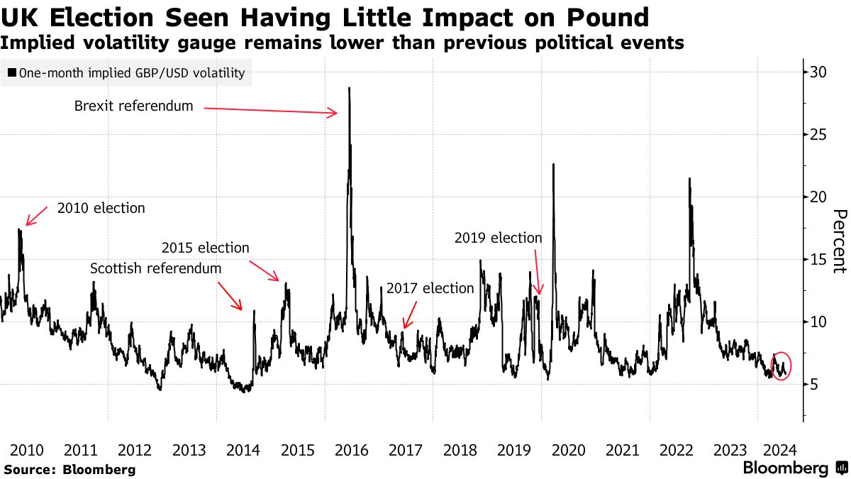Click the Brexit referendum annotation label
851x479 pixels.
(x=133, y=106)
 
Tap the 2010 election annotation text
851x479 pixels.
(x=101, y=209)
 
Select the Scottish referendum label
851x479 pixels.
(x=155, y=269)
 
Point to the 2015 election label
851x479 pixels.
(x=206, y=248)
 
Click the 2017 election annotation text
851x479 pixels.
(x=430, y=288)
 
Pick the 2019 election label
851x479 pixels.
(x=498, y=238)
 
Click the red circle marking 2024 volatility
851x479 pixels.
(x=780, y=365)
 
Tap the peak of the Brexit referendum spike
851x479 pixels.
(x=350, y=89)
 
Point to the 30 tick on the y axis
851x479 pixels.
(x=818, y=72)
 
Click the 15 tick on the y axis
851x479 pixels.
(x=818, y=259)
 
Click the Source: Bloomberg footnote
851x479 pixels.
(x=69, y=469)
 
